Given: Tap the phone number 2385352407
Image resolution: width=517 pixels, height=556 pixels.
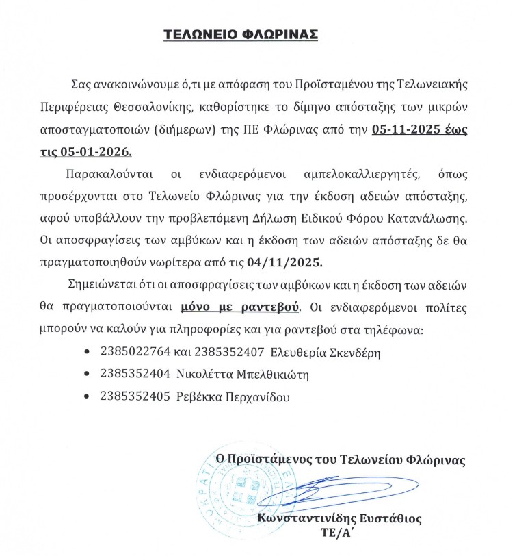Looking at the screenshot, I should point(230,353).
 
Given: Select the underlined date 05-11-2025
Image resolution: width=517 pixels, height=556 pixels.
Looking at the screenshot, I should point(404,129).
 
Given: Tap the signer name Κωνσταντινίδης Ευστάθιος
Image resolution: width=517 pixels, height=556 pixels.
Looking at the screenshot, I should point(340,518).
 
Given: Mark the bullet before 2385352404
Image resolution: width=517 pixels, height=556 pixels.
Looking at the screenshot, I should point(85,375).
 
